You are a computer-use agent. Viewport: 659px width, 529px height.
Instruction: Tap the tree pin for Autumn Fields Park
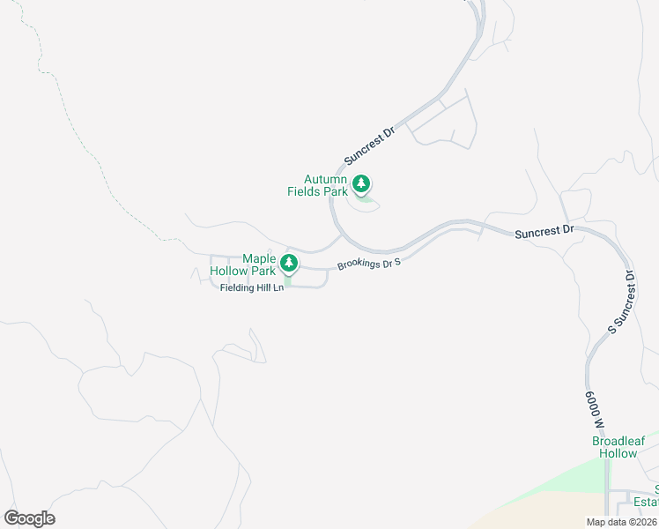pos(360,184)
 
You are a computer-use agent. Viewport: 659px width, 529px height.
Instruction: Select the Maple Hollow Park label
pos(243,264)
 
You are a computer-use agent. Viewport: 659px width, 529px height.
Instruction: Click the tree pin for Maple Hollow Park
pos(288,263)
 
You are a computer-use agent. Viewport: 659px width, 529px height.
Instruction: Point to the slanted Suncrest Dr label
pos(370,143)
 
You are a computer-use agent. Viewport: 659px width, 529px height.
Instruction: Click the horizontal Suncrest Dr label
pos(544,232)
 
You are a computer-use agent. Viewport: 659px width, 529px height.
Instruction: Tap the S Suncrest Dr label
pos(621,302)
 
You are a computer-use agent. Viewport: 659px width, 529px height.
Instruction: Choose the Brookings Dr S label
pos(369,264)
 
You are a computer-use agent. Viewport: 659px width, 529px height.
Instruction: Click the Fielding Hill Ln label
pos(252,287)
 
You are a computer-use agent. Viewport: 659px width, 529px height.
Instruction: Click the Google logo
pos(29,518)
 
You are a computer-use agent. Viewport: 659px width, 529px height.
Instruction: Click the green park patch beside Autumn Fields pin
pos(366,205)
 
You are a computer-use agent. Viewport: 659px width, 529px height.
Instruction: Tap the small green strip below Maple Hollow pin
pos(287,279)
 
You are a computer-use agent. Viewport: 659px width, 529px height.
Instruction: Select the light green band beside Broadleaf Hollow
pos(564,481)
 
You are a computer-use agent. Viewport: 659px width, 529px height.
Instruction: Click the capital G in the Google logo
pos(12,518)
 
